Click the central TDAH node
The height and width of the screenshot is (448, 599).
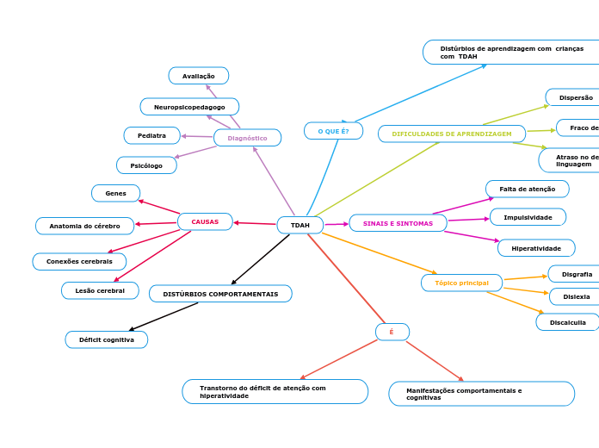299,225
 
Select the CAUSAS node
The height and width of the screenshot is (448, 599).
205,221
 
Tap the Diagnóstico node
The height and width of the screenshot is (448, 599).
247,138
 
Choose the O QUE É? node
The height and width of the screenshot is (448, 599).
333,131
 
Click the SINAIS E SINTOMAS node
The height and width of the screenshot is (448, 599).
398,223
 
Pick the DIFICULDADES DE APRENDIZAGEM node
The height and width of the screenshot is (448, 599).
452,134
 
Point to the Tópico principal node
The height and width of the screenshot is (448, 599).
461,283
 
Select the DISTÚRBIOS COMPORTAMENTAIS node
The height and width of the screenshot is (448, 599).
220,294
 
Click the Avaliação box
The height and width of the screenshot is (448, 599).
199,76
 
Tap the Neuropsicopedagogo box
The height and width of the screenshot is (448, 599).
189,107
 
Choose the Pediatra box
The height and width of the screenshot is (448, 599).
151,135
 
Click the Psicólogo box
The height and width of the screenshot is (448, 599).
146,165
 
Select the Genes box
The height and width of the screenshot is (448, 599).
115,193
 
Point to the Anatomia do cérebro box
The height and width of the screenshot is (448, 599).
84,226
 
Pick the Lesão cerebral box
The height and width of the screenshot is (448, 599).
100,290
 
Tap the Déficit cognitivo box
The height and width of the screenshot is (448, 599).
107,339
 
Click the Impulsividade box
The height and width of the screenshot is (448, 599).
528,217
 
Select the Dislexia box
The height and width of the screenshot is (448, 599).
576,296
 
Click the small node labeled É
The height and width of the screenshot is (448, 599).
392,332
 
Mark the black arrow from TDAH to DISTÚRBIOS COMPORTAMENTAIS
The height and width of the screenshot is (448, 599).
261,259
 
